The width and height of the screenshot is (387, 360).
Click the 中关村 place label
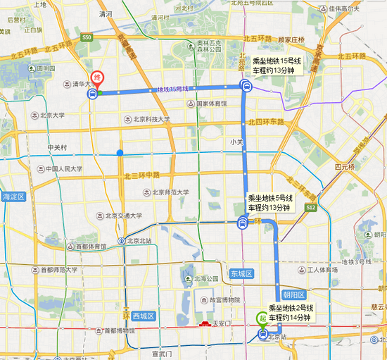(x=56, y=147)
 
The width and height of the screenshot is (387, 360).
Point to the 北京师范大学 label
(x=170, y=192)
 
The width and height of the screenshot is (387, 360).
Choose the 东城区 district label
(x=241, y=273)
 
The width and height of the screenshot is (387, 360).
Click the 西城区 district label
(x=147, y=316)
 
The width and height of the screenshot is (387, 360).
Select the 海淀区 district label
(x=13, y=196)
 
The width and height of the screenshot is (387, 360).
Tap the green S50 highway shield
(x=87, y=37)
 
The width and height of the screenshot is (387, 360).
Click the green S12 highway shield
(x=311, y=208)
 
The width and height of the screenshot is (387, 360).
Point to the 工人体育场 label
(x=322, y=270)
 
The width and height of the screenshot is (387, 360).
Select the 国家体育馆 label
(x=212, y=104)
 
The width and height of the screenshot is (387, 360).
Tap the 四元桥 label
(x=344, y=167)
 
